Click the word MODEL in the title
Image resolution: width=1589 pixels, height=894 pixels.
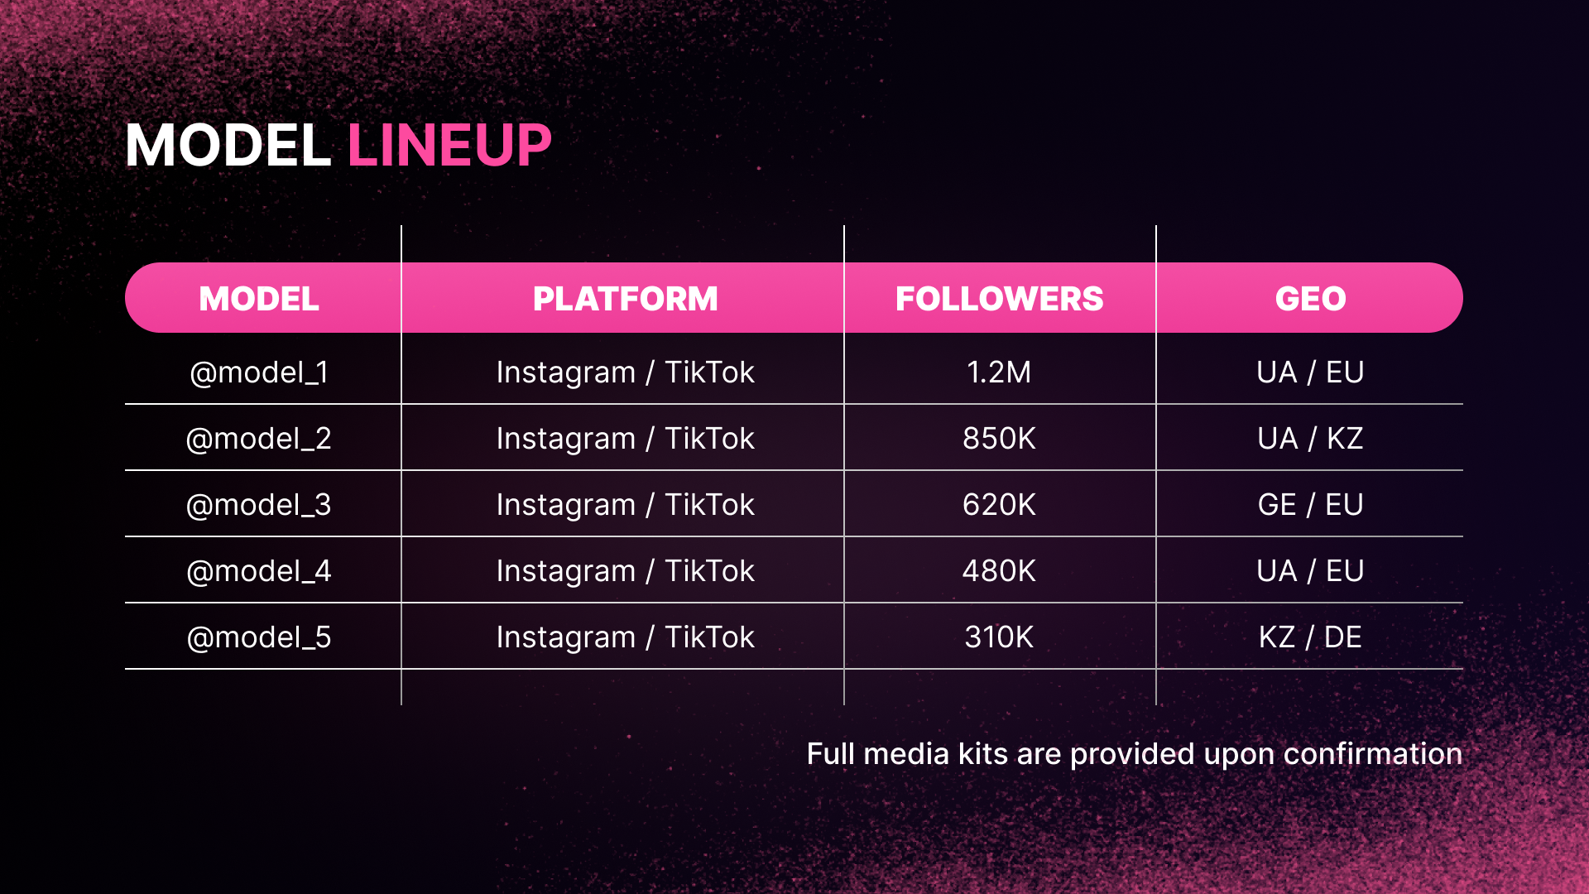[228, 146]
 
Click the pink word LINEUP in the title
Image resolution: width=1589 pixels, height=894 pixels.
[449, 146]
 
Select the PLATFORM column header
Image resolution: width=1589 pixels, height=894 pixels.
[625, 299]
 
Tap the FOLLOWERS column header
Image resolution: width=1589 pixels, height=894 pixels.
[999, 299]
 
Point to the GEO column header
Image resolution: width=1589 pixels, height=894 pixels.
[1310, 299]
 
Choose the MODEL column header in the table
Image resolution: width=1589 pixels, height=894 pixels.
[259, 299]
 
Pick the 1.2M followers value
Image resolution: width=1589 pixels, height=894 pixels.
[999, 372]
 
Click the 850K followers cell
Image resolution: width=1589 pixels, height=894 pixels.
[999, 439]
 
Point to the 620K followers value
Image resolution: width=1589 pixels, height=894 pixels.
[999, 505]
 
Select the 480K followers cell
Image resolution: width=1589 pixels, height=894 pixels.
[999, 571]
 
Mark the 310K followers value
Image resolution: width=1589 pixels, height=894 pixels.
[999, 637]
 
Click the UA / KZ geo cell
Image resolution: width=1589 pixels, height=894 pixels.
[1310, 439]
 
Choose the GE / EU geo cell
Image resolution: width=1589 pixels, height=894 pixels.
[1310, 505]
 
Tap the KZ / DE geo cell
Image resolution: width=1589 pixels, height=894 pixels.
[1310, 637]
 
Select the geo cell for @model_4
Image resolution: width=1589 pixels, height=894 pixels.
[1310, 571]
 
